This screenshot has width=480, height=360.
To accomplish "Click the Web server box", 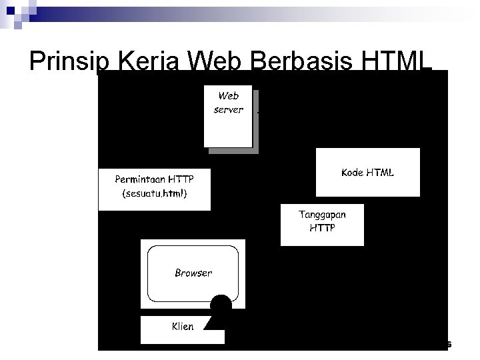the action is click(229, 115).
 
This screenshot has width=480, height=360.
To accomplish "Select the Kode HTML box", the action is click(367, 173).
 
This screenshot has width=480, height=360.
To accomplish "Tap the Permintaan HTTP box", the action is click(154, 189).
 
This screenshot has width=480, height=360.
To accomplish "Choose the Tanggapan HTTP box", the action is click(322, 223).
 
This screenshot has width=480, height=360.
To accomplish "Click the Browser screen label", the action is click(193, 273).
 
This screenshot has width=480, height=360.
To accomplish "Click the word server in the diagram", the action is click(229, 110).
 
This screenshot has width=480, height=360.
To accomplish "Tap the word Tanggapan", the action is click(323, 215).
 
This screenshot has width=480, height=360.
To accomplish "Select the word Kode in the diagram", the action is click(352, 173).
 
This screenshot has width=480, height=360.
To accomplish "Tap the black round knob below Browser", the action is click(221, 305).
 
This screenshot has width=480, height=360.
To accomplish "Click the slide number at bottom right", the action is click(449, 345).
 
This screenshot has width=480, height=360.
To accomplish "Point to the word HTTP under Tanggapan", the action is click(323, 228).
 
